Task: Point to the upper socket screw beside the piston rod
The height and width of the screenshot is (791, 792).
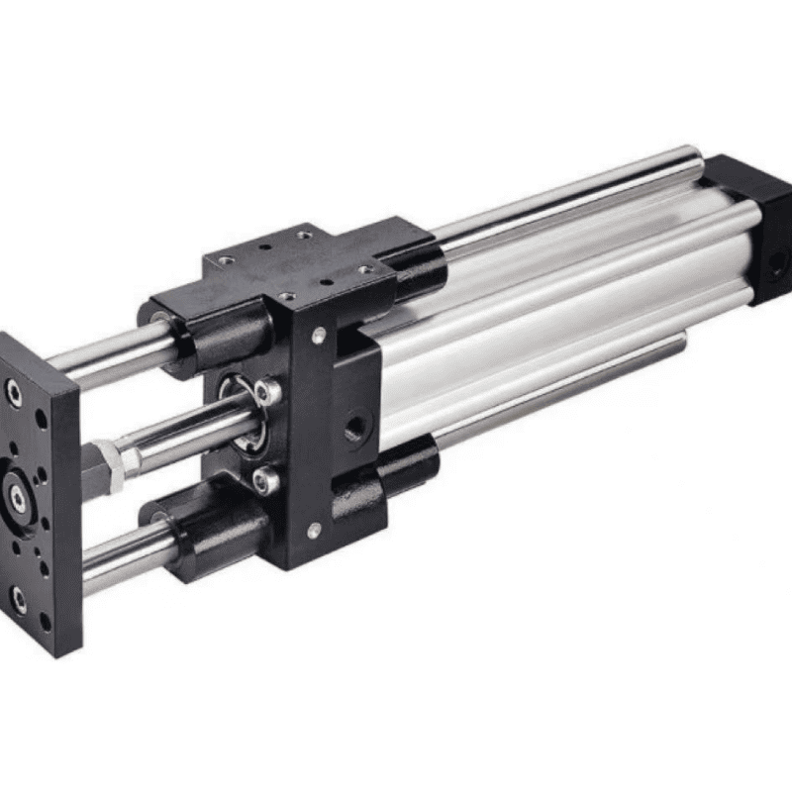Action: (266, 392)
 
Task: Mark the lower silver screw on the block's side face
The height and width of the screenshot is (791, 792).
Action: (314, 533)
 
